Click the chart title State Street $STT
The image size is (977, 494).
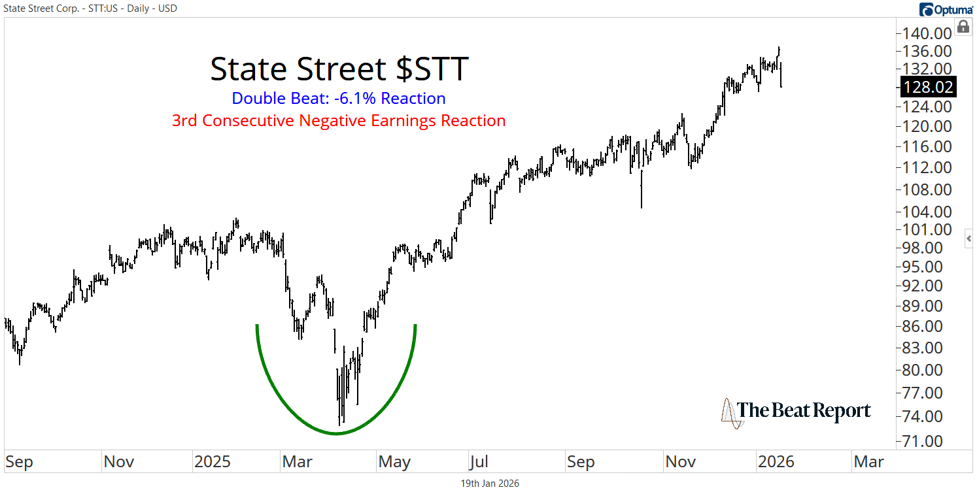[x=339, y=69]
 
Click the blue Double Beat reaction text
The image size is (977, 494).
[x=339, y=99]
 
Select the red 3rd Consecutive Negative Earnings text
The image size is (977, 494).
[x=339, y=121]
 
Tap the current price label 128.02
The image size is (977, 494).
[x=927, y=87]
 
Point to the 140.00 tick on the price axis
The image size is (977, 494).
[x=927, y=33]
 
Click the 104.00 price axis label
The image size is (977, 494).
[x=927, y=212]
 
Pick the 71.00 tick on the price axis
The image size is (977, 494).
[x=927, y=441]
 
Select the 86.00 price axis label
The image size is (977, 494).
[x=927, y=326]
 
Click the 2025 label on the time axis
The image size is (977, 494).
[x=213, y=462]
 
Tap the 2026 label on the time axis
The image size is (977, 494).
[x=776, y=462]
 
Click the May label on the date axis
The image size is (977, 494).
[x=394, y=462]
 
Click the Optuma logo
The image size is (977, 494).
[x=946, y=9]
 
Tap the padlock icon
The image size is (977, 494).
[x=963, y=27]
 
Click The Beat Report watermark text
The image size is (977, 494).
[x=804, y=411]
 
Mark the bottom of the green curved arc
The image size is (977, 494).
[x=335, y=433]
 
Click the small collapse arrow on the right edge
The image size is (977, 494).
[x=969, y=239]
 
